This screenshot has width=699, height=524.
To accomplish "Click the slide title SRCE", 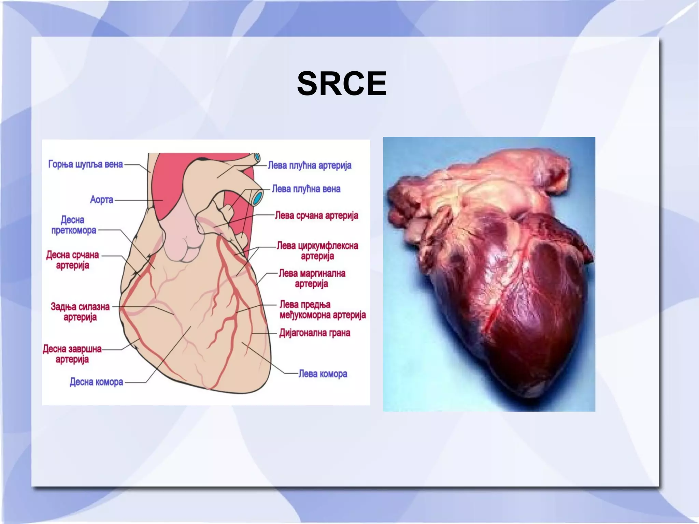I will [342, 84].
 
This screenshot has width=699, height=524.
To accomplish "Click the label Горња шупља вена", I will [85, 164].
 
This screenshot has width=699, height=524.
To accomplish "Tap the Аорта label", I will [101, 200].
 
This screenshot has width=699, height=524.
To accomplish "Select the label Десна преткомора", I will [73, 225].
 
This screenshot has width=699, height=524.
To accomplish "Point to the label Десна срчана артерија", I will [72, 260].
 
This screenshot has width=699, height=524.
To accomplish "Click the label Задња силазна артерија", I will [80, 312].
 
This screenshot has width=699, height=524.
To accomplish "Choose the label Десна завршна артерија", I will [72, 354].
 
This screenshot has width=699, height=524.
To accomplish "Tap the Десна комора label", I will [96, 382].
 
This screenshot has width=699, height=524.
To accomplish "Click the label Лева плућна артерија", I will [309, 165].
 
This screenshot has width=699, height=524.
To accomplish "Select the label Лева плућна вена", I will [306, 189].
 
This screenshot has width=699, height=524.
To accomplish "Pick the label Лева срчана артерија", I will [316, 216].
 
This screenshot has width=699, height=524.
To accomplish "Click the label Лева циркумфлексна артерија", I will [317, 251].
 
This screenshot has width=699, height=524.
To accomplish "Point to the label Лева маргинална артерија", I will [312, 278].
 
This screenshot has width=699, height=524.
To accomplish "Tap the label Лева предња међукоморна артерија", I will [322, 310].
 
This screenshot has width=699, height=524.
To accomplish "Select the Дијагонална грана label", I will [314, 333].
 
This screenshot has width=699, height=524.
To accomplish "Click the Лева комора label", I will [323, 374].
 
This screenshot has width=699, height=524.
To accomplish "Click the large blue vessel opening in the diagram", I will [258, 198].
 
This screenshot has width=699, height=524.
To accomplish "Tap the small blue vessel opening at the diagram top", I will [257, 158].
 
